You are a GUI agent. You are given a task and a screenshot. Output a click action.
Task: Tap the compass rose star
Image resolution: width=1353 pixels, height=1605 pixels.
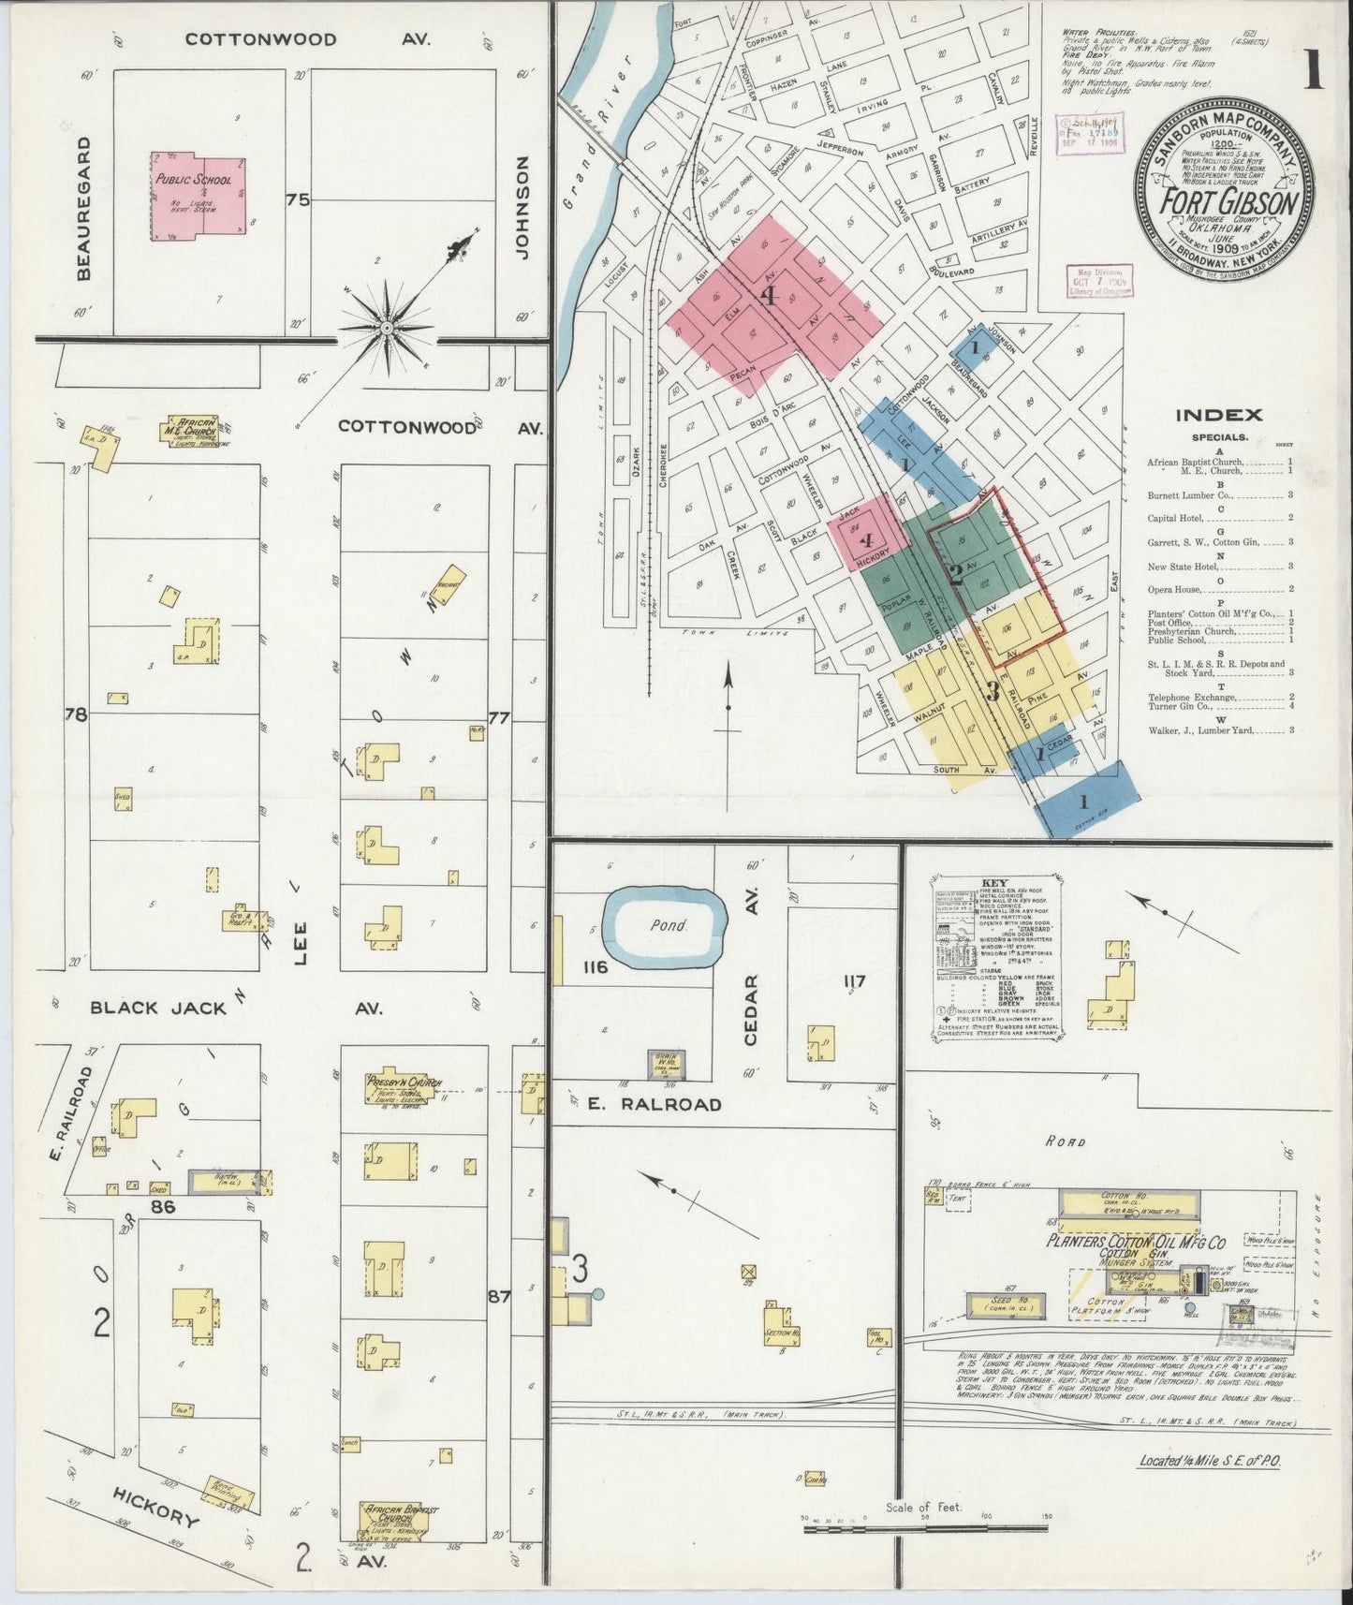pos(387,329)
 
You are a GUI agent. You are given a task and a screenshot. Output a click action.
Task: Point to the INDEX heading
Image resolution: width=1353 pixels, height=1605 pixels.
pos(1218,416)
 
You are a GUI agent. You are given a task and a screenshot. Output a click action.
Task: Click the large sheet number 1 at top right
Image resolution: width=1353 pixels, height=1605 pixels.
pos(1315,70)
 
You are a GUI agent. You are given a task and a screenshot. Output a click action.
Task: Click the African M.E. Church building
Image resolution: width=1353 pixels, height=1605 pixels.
pos(196,428)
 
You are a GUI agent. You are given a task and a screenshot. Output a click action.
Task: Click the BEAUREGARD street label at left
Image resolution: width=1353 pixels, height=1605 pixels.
pos(85,208)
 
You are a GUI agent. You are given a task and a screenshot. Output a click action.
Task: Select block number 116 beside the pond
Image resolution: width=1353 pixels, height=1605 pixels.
pos(596,965)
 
